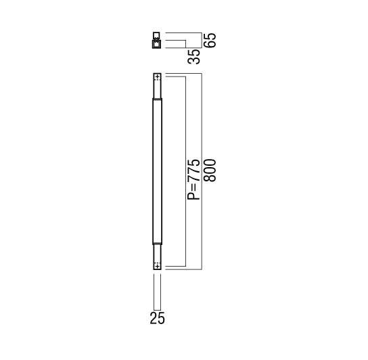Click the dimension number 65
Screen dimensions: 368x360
210,41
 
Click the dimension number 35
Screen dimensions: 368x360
194,57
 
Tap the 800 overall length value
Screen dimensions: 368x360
210,171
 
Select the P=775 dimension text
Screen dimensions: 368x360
193,179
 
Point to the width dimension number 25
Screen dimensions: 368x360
157,318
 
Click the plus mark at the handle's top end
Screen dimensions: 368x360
158,76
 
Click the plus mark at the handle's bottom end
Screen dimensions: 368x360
158,267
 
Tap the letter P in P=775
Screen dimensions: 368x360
193,196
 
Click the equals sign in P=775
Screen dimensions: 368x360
194,188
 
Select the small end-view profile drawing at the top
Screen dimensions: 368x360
157,41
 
